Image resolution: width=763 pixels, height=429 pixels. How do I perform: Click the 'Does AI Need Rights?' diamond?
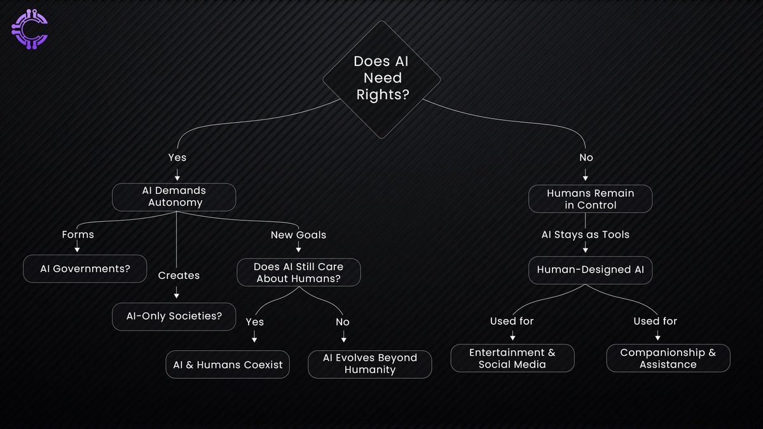click(381, 79)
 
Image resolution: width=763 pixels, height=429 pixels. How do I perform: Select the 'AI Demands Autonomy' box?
click(175, 197)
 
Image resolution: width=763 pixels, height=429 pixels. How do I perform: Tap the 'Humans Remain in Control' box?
click(591, 198)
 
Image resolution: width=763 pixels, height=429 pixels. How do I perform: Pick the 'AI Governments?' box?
click(85, 268)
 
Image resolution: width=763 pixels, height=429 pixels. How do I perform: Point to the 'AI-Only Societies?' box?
click(176, 316)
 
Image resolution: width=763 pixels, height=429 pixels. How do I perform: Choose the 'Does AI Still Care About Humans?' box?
click(298, 273)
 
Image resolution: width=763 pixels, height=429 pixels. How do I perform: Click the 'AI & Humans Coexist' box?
click(228, 365)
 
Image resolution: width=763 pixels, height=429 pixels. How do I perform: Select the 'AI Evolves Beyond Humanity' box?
click(370, 364)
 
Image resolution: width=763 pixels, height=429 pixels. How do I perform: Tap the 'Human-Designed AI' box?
click(591, 269)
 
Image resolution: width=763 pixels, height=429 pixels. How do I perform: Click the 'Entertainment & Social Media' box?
click(512, 358)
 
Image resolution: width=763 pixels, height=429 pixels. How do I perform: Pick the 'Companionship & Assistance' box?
click(668, 358)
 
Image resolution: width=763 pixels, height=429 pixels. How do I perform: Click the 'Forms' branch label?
click(78, 235)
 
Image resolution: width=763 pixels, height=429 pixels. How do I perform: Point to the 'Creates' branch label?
click(179, 275)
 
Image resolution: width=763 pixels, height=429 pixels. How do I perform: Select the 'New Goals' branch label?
click(298, 235)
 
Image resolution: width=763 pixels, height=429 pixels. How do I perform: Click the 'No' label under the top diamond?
click(586, 157)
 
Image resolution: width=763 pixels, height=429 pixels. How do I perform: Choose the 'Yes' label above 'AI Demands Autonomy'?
click(177, 157)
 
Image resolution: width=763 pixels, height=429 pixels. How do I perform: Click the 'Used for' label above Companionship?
click(655, 321)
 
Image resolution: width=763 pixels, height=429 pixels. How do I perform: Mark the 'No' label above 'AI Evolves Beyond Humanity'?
click(343, 322)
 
